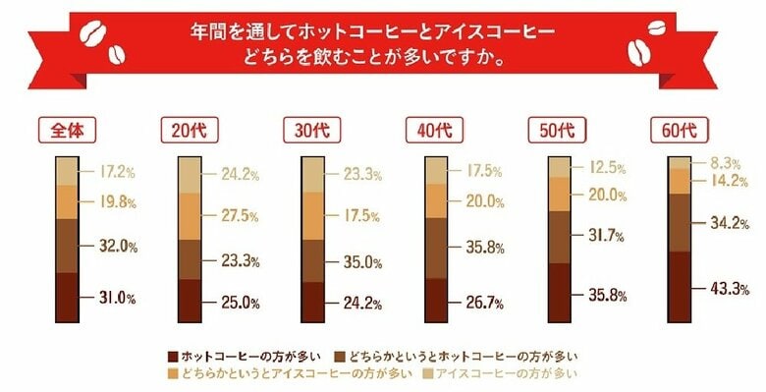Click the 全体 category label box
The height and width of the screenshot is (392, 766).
64,131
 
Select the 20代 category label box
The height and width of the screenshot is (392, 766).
187,131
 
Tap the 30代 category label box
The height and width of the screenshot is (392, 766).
309,131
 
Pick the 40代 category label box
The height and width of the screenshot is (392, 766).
432,131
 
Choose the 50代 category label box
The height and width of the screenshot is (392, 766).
555,131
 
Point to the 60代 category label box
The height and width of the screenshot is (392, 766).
678,131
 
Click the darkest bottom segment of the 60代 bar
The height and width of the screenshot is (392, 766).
679,287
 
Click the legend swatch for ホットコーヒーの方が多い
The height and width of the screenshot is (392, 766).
175,355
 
